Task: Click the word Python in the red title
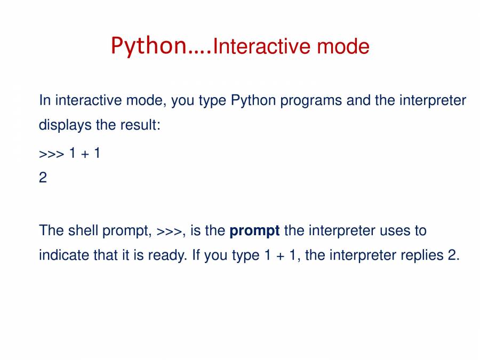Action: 149,46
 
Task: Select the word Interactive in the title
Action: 262,46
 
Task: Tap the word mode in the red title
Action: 343,46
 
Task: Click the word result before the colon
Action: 138,125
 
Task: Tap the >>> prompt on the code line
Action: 51,154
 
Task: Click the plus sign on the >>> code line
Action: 85,154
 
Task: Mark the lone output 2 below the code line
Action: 43,178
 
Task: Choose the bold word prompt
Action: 254,231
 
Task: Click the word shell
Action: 83,230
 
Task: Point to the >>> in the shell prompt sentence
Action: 169,231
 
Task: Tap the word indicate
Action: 64,255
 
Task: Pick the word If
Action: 196,255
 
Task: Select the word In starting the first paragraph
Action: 45,100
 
